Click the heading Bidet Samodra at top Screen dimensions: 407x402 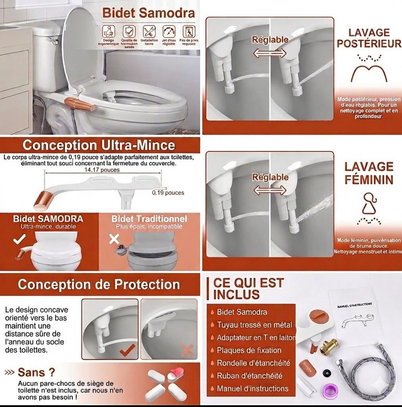coord(149,12)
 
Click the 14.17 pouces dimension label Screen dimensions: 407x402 coord(102,170)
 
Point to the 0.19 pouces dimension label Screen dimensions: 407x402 coord(168,193)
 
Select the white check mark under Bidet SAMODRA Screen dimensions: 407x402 coord(19,239)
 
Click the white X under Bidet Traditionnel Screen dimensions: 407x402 coord(114,239)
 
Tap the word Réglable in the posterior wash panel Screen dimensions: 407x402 coord(270,39)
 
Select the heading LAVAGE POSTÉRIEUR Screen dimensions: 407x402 coord(369,38)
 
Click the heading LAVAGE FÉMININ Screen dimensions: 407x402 coord(369,173)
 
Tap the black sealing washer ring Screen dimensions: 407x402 coord(327,372)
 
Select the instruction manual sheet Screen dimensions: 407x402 coord(355,314)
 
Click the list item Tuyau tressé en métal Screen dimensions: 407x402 coord(254,325)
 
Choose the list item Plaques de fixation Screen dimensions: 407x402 coord(249,350)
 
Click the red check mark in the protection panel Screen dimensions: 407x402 coord(127,350)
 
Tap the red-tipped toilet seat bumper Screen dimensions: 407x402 coord(176,374)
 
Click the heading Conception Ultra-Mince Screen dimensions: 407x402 coord(99,145)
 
